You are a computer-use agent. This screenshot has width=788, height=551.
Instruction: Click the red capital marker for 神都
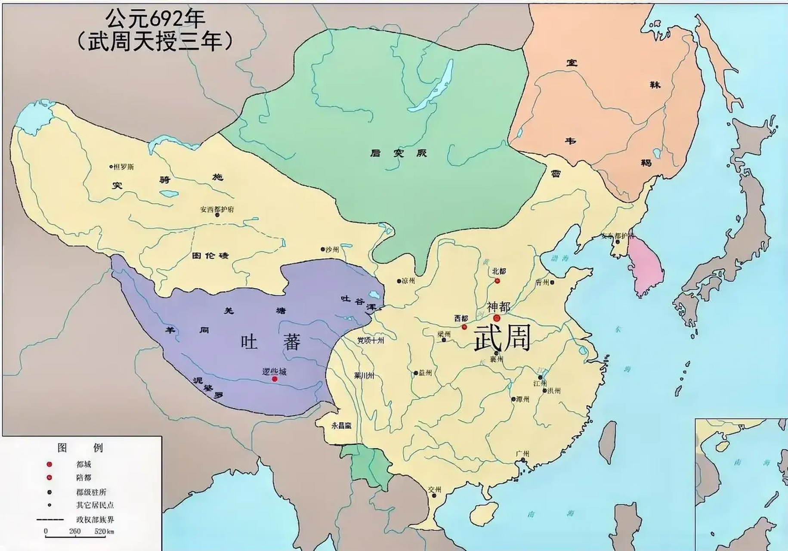pyautogui.click(x=497, y=318)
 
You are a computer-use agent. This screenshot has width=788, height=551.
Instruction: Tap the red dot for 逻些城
pyautogui.click(x=275, y=379)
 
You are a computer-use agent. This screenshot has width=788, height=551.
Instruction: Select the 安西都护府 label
pyautogui.click(x=217, y=210)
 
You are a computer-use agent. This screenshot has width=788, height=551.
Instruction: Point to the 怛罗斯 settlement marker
pyautogui.click(x=111, y=167)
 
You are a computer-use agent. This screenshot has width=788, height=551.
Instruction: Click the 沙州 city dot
pyautogui.click(x=322, y=249)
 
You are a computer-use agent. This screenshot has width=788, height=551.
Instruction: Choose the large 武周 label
pyautogui.click(x=501, y=338)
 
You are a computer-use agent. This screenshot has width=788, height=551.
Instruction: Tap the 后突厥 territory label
pyautogui.click(x=398, y=153)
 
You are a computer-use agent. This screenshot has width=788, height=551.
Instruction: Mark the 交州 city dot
pyautogui.click(x=434, y=495)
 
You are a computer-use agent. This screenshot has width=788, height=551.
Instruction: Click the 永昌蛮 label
pyautogui.click(x=341, y=425)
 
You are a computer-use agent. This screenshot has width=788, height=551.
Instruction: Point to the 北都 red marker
pyautogui.click(x=497, y=281)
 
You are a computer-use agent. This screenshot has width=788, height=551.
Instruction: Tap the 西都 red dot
pyautogui.click(x=464, y=327)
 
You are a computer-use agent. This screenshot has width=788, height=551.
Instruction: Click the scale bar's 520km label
pyautogui.click(x=104, y=531)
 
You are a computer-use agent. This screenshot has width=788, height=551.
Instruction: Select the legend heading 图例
pyautogui.click(x=80, y=448)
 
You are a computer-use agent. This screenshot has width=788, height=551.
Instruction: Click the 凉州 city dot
pyautogui.click(x=399, y=281)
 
